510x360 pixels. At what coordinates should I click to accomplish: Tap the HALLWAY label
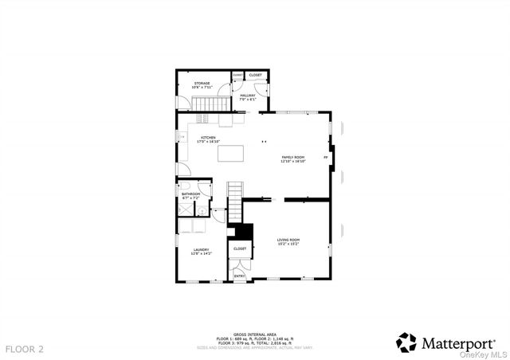coord(247,96)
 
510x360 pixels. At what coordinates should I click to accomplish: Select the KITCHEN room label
coord(208,139)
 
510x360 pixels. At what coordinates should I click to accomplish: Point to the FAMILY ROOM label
coord(292,158)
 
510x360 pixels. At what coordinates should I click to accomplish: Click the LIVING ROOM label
coord(288,241)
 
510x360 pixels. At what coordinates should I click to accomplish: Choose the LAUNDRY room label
coord(200,251)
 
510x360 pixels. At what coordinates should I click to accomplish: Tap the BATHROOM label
coord(190,195)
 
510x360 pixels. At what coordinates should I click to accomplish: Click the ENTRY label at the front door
coord(239,276)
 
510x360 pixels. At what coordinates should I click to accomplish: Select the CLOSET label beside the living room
coord(240,248)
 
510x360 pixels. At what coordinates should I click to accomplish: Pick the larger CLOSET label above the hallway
coord(255,75)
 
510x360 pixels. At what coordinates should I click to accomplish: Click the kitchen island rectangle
coord(230,153)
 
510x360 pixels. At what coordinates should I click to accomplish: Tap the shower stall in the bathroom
coord(186,209)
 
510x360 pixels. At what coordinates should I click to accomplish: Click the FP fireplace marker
coord(325,158)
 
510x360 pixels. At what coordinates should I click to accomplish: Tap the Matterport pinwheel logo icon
coord(406,342)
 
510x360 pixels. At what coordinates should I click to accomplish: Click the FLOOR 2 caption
coord(25,349)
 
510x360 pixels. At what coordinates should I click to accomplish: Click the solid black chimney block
coord(242,231)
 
